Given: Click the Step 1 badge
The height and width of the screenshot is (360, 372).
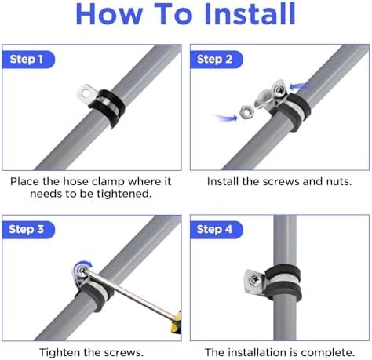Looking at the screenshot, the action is pos(28,60).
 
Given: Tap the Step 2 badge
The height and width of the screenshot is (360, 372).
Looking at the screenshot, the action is pos(217,60).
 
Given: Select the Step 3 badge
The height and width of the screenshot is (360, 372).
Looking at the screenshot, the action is pos(28,230).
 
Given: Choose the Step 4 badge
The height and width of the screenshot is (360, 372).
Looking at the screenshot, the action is pos(217,230).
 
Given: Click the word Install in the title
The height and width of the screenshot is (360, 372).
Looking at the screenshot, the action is pos(250,14).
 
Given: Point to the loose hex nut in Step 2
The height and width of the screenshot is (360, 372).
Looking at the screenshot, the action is pos(246,112).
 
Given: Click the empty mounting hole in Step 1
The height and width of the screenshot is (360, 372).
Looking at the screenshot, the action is pos(86,93).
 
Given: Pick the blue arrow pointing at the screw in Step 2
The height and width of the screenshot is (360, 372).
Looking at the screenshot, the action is pos(298,86).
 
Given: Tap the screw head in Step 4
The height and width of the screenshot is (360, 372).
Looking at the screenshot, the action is pos(254,279).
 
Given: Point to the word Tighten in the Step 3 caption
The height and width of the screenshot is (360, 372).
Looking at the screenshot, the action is pos(60,352).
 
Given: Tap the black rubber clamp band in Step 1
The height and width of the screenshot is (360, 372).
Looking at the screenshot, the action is pos(108,107).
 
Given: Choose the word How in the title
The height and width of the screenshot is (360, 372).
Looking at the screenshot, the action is pos(109,14).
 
